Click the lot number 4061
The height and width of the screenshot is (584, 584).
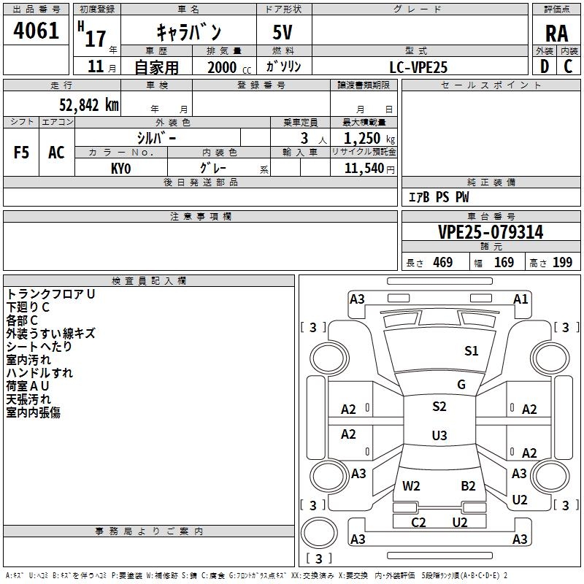[x=36, y=31]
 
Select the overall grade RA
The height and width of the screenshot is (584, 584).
[x=556, y=34]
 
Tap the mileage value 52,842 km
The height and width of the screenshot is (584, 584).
[x=89, y=105]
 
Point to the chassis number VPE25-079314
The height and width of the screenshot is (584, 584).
[x=491, y=232]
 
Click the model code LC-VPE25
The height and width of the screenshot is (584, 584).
[x=418, y=67]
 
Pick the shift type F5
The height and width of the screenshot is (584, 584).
[x=21, y=153]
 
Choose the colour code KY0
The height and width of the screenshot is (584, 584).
[x=120, y=169]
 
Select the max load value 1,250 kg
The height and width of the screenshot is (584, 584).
[x=369, y=139]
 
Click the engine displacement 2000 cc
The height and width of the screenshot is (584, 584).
[x=229, y=67]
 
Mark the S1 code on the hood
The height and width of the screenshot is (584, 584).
[x=471, y=350]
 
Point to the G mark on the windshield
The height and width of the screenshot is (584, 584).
[x=461, y=384]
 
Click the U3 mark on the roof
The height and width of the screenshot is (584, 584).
[x=439, y=435]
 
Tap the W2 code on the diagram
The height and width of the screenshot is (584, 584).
[x=411, y=485]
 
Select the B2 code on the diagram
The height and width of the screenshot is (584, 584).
[x=468, y=485]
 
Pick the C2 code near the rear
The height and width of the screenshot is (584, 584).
[x=418, y=522]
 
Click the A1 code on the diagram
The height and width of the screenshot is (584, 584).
[x=520, y=299]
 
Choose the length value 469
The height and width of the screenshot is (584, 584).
[x=443, y=262]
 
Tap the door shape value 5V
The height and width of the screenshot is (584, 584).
[x=283, y=32]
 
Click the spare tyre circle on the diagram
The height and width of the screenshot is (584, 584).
[x=319, y=533]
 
